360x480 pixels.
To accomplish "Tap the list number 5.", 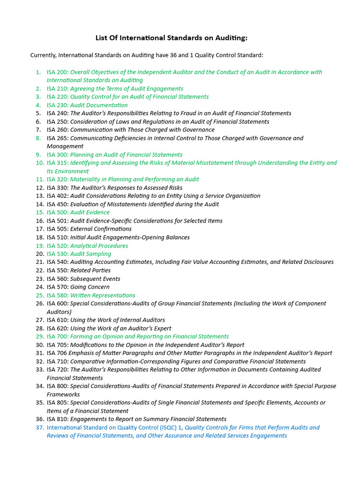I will (x=38, y=113).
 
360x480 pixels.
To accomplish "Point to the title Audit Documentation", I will (x=99, y=105).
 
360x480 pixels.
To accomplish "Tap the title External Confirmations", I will (x=101, y=229).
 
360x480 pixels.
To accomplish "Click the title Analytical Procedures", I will (x=99, y=246).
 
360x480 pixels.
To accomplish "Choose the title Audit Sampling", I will (x=90, y=254).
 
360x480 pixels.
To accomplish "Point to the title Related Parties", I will (x=90, y=270).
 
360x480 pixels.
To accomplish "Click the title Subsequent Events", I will (x=95, y=279).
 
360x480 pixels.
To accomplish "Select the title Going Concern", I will (x=90, y=287).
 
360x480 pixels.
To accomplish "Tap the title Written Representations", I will (x=103, y=295).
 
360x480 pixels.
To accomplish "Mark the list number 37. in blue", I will (x=39, y=427).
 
